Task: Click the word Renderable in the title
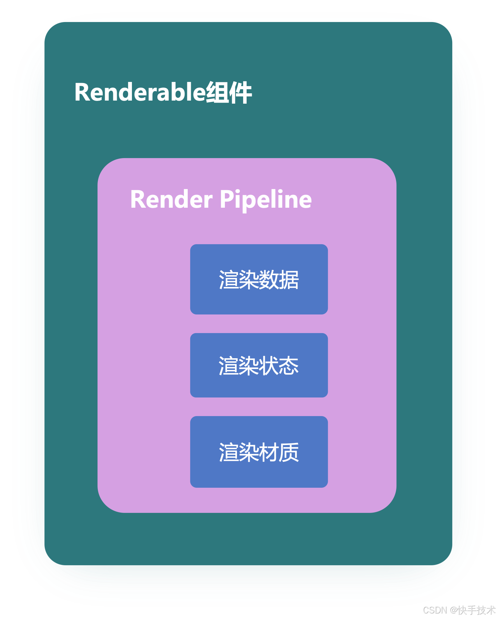[140, 92]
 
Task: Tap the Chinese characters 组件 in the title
[229, 92]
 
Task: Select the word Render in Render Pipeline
[171, 199]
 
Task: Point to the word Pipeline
[266, 199]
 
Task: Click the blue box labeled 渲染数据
[259, 279]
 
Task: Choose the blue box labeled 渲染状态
[259, 365]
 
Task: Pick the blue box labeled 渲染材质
[259, 452]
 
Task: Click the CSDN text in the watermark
[434, 610]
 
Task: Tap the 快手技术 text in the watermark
[476, 610]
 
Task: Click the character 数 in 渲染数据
[269, 279]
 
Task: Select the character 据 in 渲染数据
[289, 279]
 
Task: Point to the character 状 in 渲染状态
[269, 365]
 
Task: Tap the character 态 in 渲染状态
[289, 365]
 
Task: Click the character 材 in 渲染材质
[269, 452]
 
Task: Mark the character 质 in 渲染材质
[289, 452]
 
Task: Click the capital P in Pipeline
[226, 199]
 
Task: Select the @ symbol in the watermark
[453, 610]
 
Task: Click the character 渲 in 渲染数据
[229, 279]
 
